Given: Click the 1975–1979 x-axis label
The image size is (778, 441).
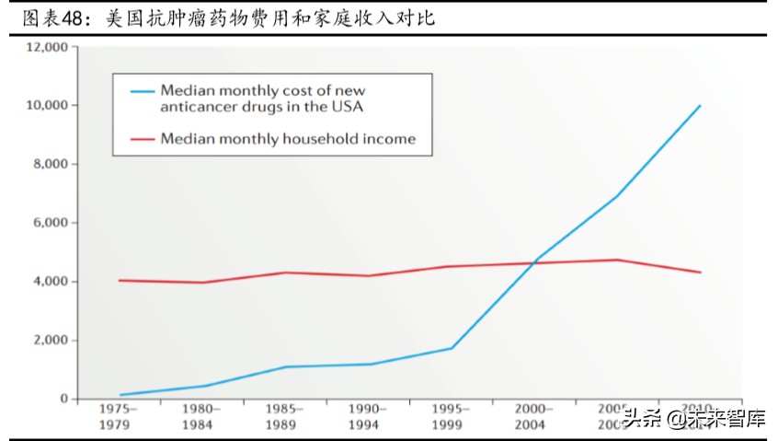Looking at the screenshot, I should [119, 416].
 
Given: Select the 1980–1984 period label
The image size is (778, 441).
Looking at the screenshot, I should [201, 416].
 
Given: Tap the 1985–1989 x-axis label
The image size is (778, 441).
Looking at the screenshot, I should [284, 416].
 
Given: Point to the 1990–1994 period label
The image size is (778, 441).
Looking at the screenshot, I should [367, 416].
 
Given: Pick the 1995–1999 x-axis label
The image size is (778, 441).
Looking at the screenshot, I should [450, 416].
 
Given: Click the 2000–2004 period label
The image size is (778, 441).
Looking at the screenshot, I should [532, 416].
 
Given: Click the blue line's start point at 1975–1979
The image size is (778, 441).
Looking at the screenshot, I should [120, 395].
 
